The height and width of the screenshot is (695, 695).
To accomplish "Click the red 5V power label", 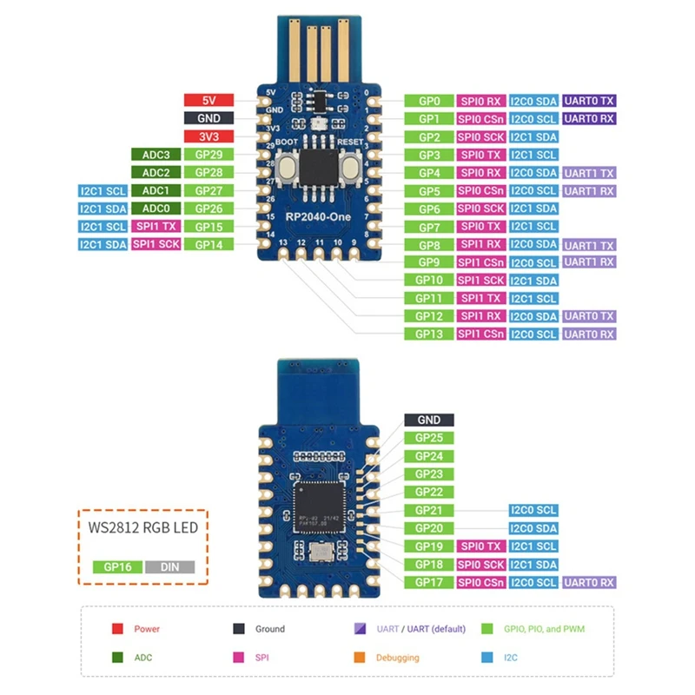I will [x=208, y=100].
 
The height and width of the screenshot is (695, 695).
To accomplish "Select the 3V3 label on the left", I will [x=208, y=136].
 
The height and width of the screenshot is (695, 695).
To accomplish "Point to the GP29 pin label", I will [x=208, y=155].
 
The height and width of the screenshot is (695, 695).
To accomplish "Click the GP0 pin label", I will [x=429, y=101].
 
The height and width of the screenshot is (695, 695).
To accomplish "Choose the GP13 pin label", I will [x=429, y=334].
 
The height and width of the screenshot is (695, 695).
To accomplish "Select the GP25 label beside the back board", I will [x=429, y=438].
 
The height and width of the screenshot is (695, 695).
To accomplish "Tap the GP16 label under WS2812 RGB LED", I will [x=117, y=566].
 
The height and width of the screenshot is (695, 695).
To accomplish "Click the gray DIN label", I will [x=169, y=566].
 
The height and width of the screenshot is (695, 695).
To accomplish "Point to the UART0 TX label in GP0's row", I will [x=589, y=101].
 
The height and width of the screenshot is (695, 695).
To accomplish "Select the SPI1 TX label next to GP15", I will [x=156, y=227].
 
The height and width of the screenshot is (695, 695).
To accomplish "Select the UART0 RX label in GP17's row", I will [x=589, y=582].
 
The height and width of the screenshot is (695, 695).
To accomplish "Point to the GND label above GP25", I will [x=429, y=420].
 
